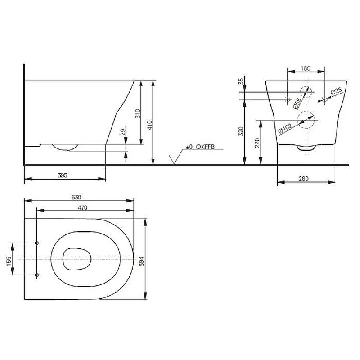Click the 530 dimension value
point(76,197)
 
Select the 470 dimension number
point(82,208)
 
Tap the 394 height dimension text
point(142,261)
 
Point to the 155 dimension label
point(9,261)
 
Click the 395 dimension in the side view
point(63,175)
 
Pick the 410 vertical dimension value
point(149,125)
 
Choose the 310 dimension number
point(138,114)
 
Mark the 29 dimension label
point(123,132)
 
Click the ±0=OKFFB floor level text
point(200,147)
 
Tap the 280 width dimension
point(303,179)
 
